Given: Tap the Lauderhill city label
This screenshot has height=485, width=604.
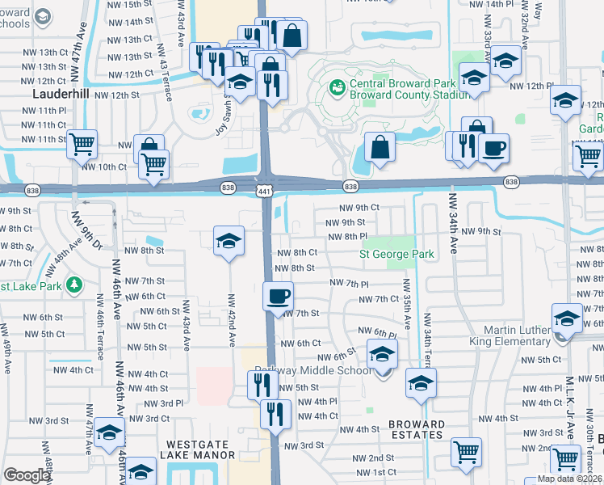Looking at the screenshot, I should point(61,94).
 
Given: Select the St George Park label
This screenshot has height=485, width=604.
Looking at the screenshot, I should point(396,255).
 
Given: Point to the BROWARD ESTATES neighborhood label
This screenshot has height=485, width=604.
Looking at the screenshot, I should point(416,429).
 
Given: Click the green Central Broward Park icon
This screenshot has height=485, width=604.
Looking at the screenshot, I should point(337,85).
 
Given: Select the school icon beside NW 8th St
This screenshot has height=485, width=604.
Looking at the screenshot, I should point(229,240).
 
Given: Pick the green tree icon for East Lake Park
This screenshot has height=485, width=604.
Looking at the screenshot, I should point(74,285).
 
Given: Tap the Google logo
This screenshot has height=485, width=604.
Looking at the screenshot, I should point(26,475).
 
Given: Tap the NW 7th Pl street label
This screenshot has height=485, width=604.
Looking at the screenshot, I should point(349,284).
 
